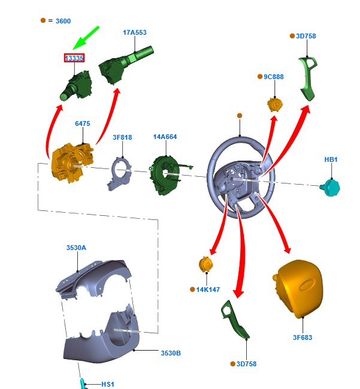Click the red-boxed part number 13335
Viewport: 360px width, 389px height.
pyautogui.click(x=74, y=58)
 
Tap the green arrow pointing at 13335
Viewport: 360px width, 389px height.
pyautogui.click(x=86, y=38)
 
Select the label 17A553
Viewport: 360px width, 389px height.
pyautogui.click(x=135, y=32)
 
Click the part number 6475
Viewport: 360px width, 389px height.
pyautogui.click(x=83, y=123)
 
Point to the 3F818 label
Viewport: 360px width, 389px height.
pyautogui.click(x=122, y=137)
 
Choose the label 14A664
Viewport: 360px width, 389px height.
pyautogui.click(x=165, y=137)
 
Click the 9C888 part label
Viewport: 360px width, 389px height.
pyautogui.click(x=274, y=77)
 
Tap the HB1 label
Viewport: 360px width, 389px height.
pyautogui.click(x=331, y=159)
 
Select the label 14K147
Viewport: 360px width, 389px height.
pyautogui.click(x=208, y=290)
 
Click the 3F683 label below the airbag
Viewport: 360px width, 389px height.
pyautogui.click(x=302, y=337)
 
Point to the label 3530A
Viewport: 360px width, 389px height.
pyautogui.click(x=76, y=248)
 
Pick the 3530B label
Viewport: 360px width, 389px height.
pyautogui.click(x=171, y=353)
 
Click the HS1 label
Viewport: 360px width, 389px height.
pyautogui.click(x=107, y=384)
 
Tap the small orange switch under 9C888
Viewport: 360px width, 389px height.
pyautogui.click(x=274, y=104)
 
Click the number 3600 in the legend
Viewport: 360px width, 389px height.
pyautogui.click(x=63, y=21)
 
